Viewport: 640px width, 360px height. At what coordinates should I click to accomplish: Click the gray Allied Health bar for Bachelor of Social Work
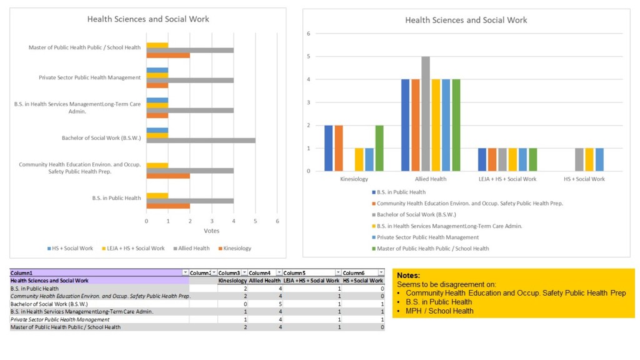coord(201,140)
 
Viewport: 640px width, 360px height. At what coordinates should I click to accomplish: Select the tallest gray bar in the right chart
coord(425,114)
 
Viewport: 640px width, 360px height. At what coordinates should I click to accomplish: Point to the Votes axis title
coord(212,231)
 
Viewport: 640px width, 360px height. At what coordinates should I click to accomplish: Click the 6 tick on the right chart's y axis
coord(308,34)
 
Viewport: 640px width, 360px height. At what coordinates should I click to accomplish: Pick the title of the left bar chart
coord(148,19)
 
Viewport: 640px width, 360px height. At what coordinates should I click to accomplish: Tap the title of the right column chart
coord(466,20)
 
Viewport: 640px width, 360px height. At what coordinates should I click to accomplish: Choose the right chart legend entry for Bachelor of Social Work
coord(418,214)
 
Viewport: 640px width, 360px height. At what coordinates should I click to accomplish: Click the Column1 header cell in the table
coord(22,273)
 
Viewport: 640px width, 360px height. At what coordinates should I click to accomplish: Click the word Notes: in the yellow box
coord(409,276)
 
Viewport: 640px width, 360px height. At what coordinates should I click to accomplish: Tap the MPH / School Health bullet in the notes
coord(439,311)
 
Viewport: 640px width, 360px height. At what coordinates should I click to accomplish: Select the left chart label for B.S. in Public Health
coord(116,198)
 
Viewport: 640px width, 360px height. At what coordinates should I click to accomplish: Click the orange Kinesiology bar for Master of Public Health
coord(168,55)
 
